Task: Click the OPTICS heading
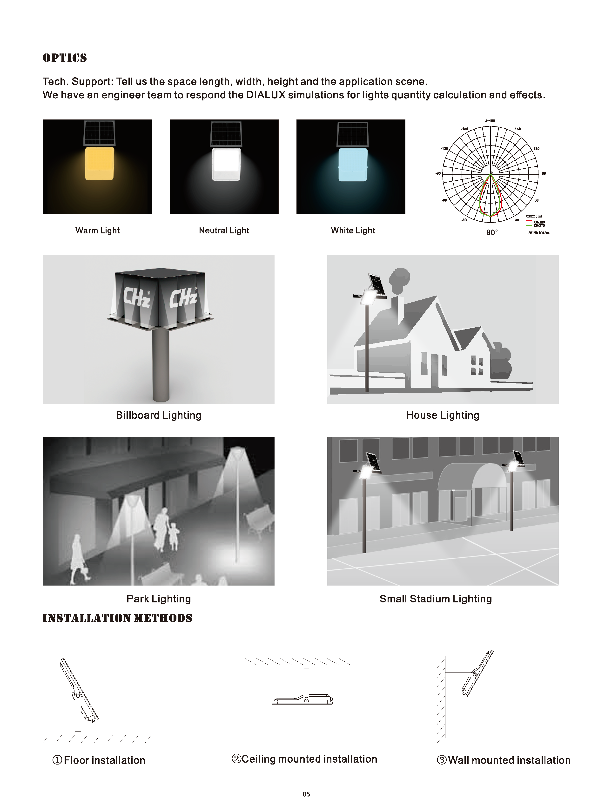[65, 58]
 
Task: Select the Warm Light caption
[97, 231]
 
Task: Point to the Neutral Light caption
[224, 231]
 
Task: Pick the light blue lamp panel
[353, 165]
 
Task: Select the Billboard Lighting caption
[159, 415]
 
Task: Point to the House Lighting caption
[443, 415]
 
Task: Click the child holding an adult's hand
[174, 537]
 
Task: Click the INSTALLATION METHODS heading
[117, 618]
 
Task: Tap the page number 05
[306, 794]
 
